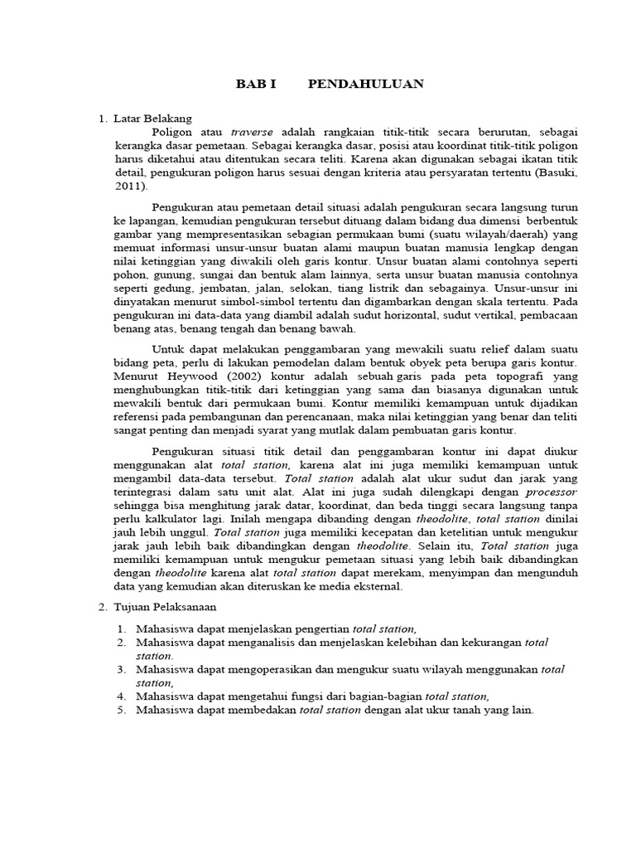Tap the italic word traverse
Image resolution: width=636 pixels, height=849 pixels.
251,132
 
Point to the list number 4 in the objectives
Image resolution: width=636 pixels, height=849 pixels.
120,696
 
